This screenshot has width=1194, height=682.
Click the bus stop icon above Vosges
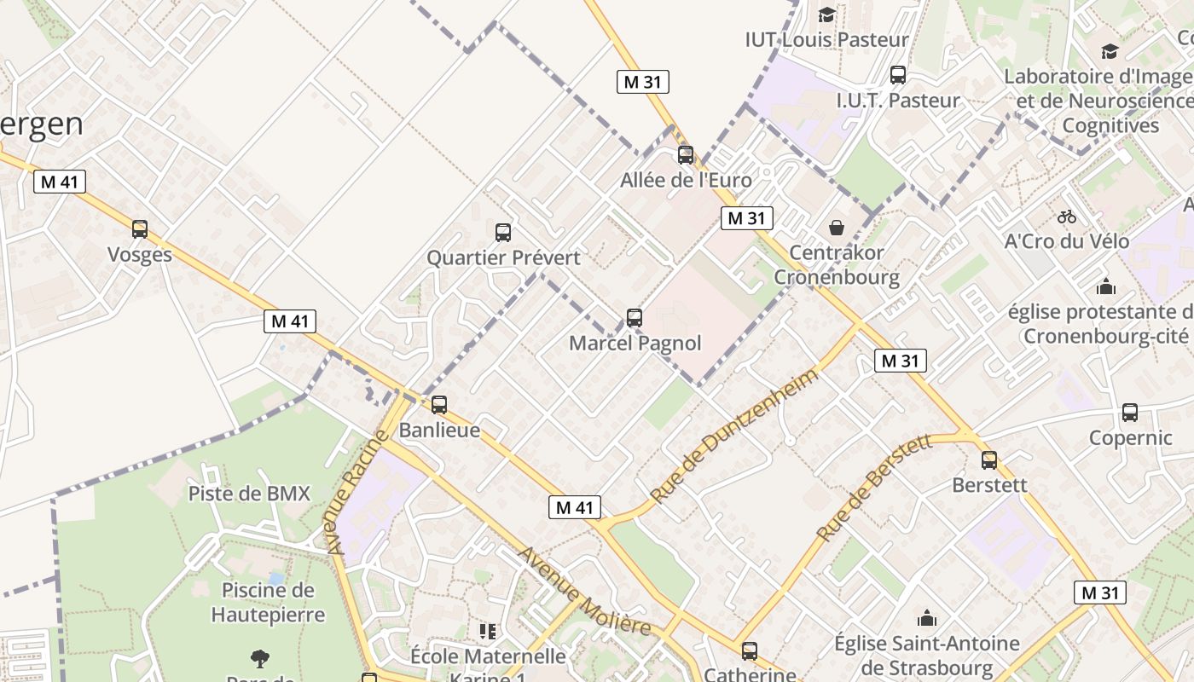coord(140,229)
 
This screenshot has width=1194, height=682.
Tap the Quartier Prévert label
coord(503,257)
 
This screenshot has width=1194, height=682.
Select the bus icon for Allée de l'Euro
coord(686,155)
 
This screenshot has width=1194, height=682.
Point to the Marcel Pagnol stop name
coord(635,343)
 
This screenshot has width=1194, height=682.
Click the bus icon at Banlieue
coord(439,405)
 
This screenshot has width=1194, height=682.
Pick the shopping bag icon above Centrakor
coord(837,228)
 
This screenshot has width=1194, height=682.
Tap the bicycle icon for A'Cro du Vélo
coord(1066,217)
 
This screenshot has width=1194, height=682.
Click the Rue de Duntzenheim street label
coord(733,435)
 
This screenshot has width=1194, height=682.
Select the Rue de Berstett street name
coord(873,488)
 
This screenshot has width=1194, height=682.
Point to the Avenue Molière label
coord(585,591)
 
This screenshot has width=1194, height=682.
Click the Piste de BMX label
coord(249,494)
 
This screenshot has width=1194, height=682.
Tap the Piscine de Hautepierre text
coord(268,602)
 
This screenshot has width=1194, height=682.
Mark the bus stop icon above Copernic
coord(1130,413)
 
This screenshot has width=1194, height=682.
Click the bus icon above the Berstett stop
coord(989,460)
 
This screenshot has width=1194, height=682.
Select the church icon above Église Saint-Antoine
coord(927,618)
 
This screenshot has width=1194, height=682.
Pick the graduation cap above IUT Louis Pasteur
coord(826,14)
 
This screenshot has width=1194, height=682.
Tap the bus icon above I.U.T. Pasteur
coord(898,75)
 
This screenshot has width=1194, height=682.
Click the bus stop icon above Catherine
coord(750,651)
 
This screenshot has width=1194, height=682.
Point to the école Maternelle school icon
coord(488,632)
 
